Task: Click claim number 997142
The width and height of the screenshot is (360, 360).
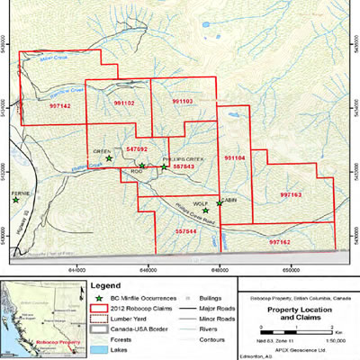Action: tap(60, 105)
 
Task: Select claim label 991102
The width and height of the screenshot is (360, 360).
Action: tap(124, 103)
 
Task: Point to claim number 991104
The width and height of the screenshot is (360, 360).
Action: tap(234, 158)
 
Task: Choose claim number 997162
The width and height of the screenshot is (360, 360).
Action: tap(279, 242)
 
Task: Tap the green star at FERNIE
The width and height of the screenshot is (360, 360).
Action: tap(15, 201)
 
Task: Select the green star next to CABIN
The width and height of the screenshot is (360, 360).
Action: tap(219, 202)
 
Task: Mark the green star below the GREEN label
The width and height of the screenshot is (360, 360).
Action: tap(109, 158)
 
